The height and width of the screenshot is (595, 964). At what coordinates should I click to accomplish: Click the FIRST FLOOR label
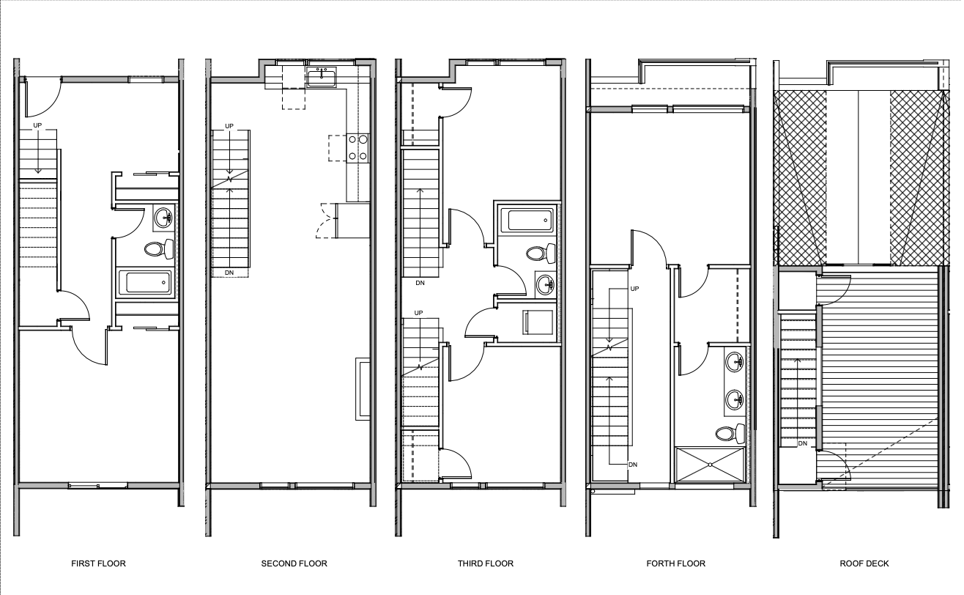tap(99, 563)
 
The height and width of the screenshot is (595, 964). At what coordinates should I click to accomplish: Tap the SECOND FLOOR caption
tap(294, 563)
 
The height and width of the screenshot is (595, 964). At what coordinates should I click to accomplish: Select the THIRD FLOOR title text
tap(486, 563)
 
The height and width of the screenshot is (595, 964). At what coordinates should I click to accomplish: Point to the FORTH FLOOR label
tap(675, 563)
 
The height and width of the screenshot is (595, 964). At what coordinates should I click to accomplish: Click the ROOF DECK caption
tap(864, 563)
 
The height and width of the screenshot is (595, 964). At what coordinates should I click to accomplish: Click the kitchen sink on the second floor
tap(322, 77)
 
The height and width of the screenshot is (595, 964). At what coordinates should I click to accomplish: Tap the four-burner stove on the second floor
tap(357, 148)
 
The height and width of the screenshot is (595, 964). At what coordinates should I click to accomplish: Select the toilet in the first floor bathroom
tap(159, 249)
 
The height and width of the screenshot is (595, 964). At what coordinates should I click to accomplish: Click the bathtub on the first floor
tap(146, 282)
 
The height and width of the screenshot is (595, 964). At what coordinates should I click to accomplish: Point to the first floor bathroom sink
tap(164, 218)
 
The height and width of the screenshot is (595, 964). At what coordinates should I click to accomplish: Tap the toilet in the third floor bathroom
tap(541, 253)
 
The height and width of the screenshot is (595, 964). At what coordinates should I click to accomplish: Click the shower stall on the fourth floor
tap(710, 465)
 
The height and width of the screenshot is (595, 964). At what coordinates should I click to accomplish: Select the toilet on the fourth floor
tap(730, 433)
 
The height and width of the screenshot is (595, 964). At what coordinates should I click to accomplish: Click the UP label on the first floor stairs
tap(37, 126)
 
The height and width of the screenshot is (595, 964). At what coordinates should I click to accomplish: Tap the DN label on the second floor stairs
tap(229, 273)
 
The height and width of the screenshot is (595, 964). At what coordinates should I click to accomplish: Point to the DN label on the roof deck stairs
tap(803, 443)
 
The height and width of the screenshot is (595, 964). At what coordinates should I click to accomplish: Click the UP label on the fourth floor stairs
tap(635, 289)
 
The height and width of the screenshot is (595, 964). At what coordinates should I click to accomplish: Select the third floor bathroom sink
tap(545, 284)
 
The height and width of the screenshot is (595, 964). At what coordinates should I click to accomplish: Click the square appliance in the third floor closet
tap(538, 322)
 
